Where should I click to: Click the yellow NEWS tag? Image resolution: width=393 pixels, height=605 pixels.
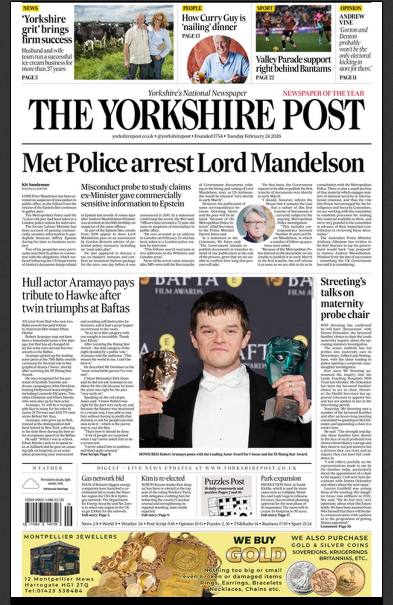click(30, 8)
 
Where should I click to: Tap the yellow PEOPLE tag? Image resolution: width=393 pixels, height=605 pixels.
click(192, 8)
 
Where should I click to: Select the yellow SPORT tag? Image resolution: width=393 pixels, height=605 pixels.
click(265, 8)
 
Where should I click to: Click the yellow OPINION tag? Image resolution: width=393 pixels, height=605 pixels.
click(351, 8)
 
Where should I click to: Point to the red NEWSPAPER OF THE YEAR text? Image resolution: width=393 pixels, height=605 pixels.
click(323, 93)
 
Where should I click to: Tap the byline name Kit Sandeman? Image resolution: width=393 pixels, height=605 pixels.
click(35, 185)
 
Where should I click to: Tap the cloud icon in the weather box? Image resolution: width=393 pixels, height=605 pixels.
click(31, 483)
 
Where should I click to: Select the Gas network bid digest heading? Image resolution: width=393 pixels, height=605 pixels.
click(102, 478)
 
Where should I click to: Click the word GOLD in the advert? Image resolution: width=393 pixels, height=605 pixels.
click(256, 554)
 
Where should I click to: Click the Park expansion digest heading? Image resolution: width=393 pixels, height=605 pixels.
click(281, 478)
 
